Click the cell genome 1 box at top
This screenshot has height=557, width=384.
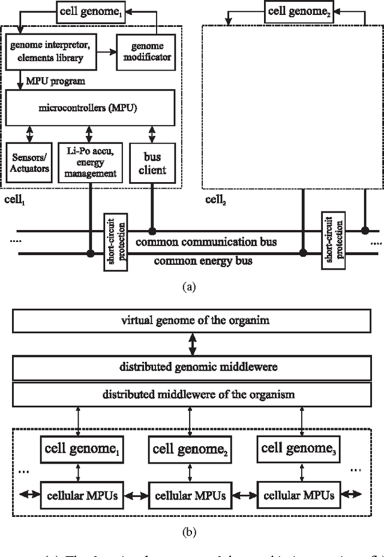pos(90,10)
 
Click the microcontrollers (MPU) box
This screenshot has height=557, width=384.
pos(90,107)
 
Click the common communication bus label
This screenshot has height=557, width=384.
pos(206,242)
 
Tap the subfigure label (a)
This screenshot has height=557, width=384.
pos(189,287)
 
